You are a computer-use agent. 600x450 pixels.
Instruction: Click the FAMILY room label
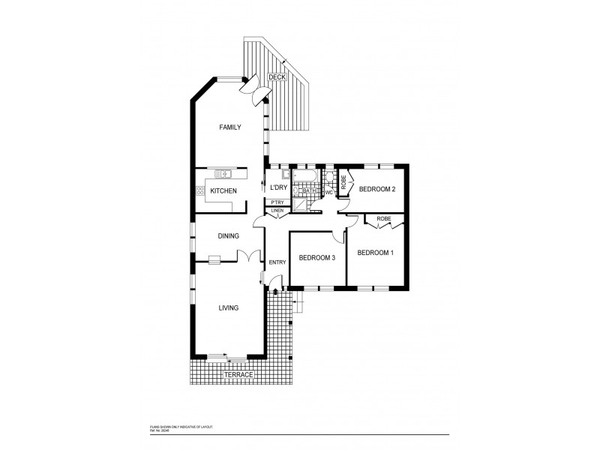(230, 127)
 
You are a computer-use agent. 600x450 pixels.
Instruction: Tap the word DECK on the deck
(277, 76)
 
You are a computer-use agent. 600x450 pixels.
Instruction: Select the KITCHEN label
(223, 191)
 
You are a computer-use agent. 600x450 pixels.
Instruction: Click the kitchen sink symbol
(223, 174)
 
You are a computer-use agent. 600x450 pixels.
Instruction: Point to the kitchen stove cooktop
(199, 190)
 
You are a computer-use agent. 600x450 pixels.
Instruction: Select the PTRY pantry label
(277, 202)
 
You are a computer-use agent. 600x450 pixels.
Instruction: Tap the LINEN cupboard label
(277, 211)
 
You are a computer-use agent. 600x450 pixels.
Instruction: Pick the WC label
(328, 192)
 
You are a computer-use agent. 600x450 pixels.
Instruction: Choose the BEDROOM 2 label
(376, 189)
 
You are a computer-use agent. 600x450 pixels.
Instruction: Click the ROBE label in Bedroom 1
(384, 219)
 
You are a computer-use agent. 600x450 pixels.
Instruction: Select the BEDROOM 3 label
(316, 258)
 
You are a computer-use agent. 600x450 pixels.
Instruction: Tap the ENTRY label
(277, 262)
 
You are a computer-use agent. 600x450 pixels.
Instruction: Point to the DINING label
(228, 236)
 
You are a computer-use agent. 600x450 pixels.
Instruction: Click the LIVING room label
(228, 307)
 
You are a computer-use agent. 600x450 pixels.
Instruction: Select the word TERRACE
(238, 373)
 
